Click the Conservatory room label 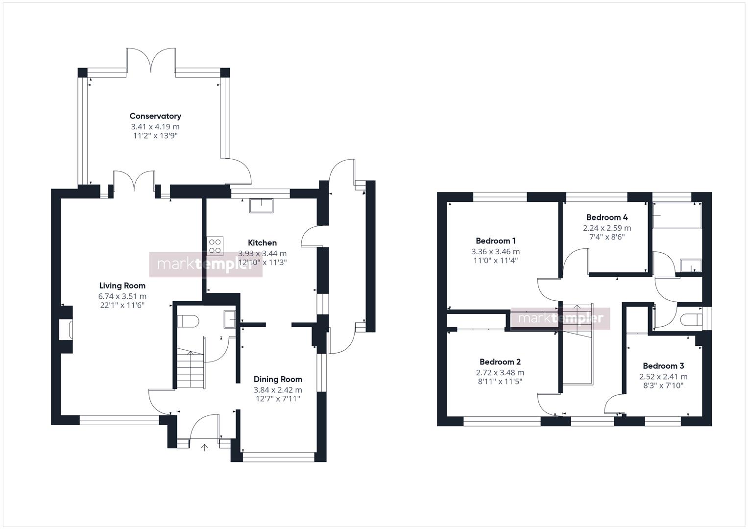click(155, 116)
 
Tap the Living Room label click(122, 286)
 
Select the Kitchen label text click(262, 243)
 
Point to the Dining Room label click(278, 380)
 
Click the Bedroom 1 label click(496, 241)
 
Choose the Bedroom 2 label click(500, 361)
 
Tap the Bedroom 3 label click(663, 366)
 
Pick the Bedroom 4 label click(607, 217)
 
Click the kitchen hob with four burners click(215, 246)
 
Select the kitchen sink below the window click(261, 205)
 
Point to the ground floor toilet click(188, 321)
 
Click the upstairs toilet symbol click(691, 319)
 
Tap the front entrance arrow click(204, 448)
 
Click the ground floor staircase click(190, 368)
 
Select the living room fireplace click(66, 330)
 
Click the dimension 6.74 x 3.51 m click(122, 296)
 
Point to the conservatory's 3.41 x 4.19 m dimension click(155, 127)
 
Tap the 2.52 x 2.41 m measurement click(663, 377)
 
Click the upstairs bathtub click(677, 216)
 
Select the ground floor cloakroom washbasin click(230, 319)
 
